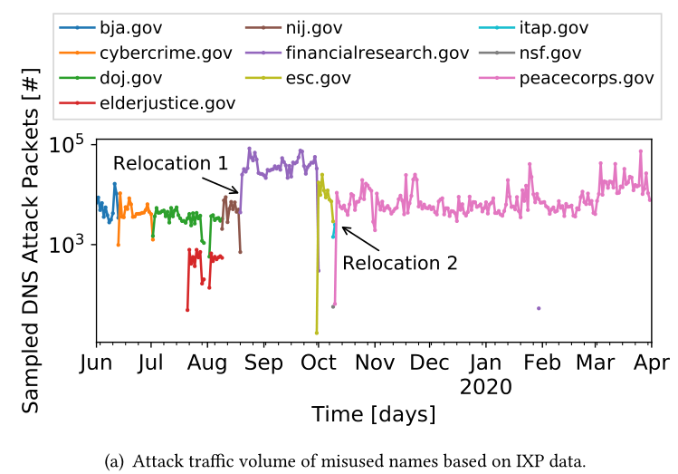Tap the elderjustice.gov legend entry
162,102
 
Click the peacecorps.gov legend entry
586,78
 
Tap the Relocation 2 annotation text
399,264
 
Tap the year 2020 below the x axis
485,386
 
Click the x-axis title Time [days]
373,414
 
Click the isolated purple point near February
539,308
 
